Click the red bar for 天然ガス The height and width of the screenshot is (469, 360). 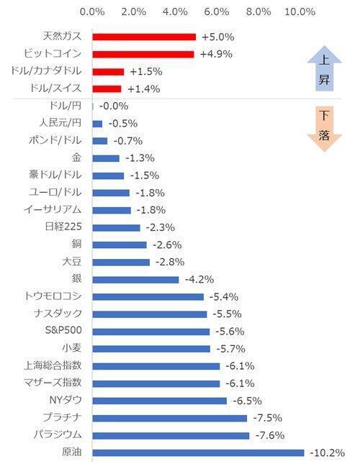click(x=144, y=37)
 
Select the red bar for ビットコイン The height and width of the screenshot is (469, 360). click(x=143, y=54)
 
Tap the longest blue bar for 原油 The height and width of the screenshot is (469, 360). click(x=198, y=452)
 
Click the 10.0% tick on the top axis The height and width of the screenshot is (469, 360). click(x=300, y=12)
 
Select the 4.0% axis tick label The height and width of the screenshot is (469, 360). click(x=176, y=12)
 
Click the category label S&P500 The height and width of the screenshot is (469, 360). click(x=63, y=331)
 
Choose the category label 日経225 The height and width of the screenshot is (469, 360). click(x=63, y=227)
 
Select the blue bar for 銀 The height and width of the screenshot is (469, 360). click(x=135, y=279)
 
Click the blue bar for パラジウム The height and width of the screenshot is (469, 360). click(x=171, y=435)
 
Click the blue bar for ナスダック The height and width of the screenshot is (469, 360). click(x=149, y=314)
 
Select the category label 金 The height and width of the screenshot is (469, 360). click(x=76, y=158)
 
